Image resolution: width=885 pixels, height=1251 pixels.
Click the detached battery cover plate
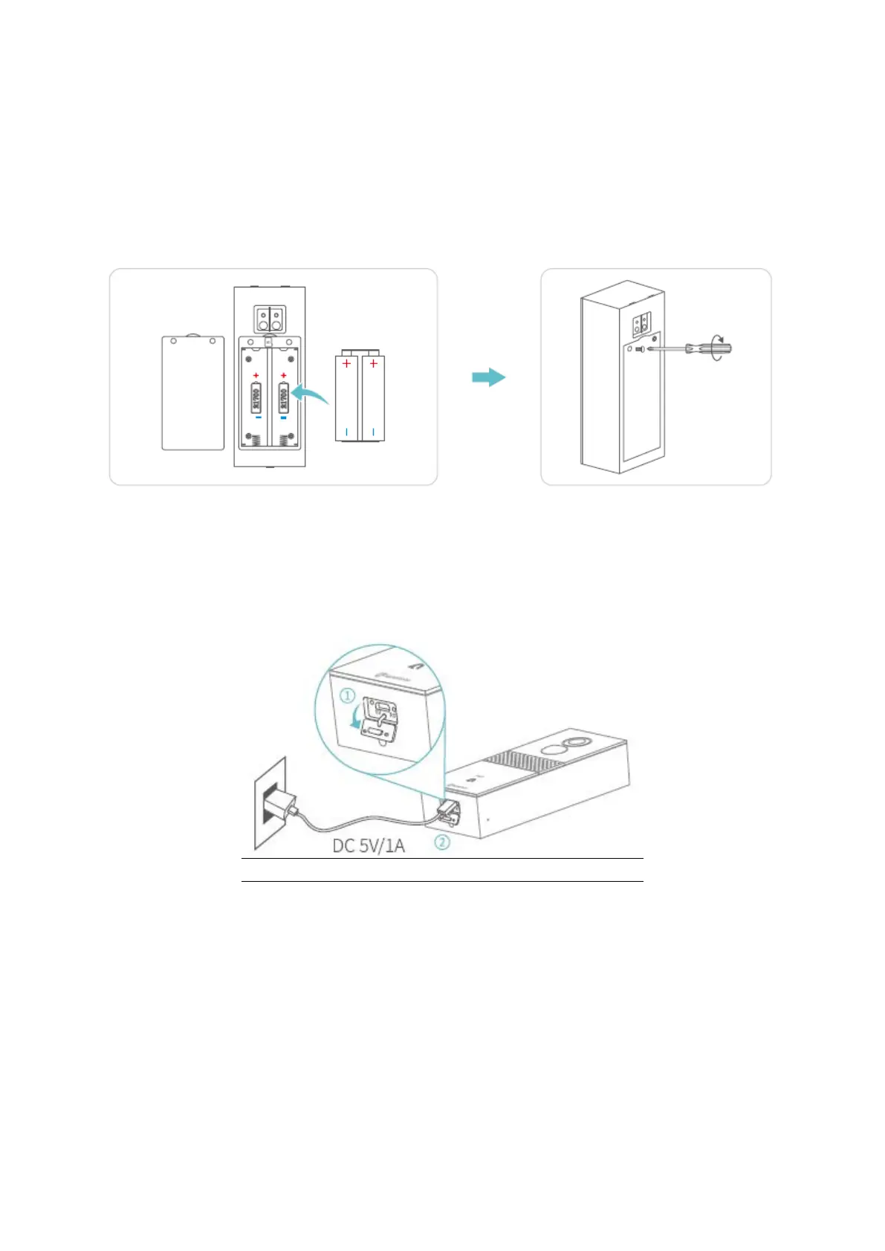193,393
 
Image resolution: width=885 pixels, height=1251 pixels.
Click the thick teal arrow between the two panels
489,377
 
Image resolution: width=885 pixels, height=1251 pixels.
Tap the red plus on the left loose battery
346,363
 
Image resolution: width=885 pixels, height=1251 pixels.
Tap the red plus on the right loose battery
373,363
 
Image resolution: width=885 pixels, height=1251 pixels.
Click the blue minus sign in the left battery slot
257,417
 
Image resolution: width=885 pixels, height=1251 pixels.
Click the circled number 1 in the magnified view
348,696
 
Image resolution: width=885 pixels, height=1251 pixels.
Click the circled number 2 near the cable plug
441,842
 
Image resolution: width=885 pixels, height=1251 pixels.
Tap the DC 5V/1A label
369,845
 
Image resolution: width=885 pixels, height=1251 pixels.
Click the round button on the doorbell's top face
574,745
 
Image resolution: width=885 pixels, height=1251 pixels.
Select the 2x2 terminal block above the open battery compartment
269,319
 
